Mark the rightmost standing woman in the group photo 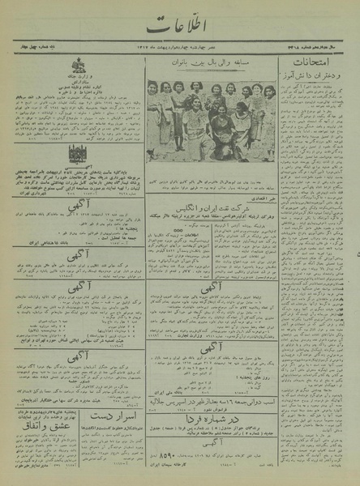(268, 113)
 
